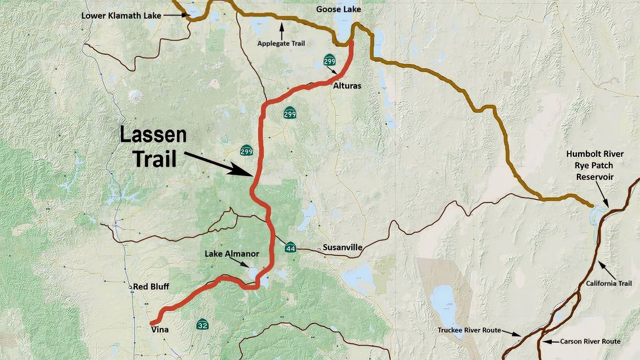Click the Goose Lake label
pyautogui.click(x=338, y=9)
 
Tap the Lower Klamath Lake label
pyautogui.click(x=121, y=16)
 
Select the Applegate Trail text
pyautogui.click(x=281, y=43)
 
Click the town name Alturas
pyautogui.click(x=347, y=86)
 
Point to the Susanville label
pyautogui.click(x=342, y=247)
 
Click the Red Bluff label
pyautogui.click(x=151, y=287)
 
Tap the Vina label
pyautogui.click(x=160, y=330)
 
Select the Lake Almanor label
pyautogui.click(x=232, y=254)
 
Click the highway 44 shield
pyautogui.click(x=290, y=247)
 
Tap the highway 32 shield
pyautogui.click(x=203, y=324)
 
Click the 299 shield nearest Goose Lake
pyautogui.click(x=329, y=60)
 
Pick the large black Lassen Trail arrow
pyautogui.click(x=219, y=164)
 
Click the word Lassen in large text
pyautogui.click(x=153, y=135)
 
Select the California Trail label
pyautogui.click(x=609, y=283)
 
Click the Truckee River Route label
pyautogui.click(x=469, y=330)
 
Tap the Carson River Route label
pyautogui.click(x=590, y=341)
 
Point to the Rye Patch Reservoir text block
pyautogui.click(x=595, y=165)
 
